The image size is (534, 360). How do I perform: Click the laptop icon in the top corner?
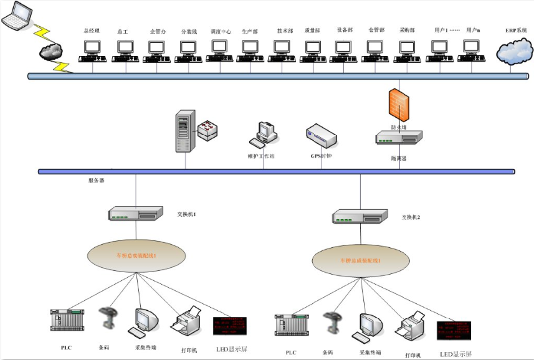pyautogui.click(x=17, y=17)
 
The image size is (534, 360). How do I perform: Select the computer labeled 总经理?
pyautogui.click(x=92, y=50)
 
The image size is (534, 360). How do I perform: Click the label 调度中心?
pyautogui.click(x=221, y=31)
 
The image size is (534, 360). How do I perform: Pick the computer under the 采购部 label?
pyautogui.click(x=407, y=50)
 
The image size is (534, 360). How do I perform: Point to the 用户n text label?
pyautogui.click(x=473, y=30)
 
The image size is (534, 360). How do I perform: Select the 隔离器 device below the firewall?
pyautogui.click(x=399, y=138)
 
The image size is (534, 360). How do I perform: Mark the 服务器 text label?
pyautogui.click(x=96, y=181)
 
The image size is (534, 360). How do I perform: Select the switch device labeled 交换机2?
pyautogui.click(x=360, y=216)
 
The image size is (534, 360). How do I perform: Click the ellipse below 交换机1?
pyautogui.click(x=135, y=256)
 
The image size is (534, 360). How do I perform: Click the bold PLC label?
pyautogui.click(x=66, y=347)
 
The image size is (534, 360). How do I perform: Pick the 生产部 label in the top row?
pyautogui.click(x=250, y=31)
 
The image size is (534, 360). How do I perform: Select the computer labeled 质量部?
pyautogui.click(x=313, y=50)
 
